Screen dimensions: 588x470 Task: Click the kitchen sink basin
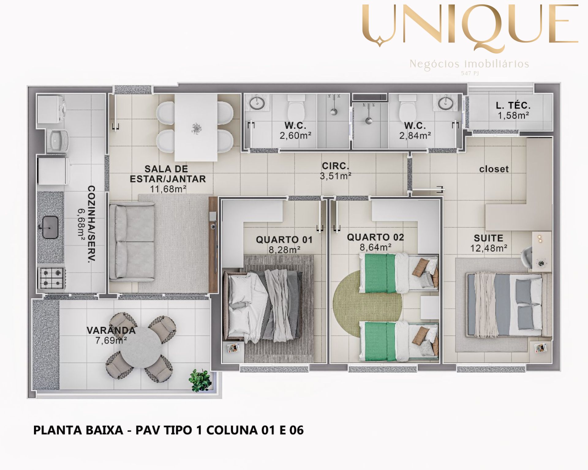50,227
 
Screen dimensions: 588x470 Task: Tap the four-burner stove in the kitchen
51,278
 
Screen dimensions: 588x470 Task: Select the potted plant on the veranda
200,380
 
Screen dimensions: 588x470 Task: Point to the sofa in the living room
132,242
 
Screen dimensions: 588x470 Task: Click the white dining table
196,127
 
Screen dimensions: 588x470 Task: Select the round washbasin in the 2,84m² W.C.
446,103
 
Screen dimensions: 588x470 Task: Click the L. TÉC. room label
513,106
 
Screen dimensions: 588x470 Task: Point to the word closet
494,169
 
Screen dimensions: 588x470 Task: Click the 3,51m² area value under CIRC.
335,176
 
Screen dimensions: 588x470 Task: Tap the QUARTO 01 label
284,240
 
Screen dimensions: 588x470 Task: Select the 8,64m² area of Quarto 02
375,247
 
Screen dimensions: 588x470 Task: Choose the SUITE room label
489,238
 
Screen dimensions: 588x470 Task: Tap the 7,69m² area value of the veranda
111,340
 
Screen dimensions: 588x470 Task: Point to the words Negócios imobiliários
469,64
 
